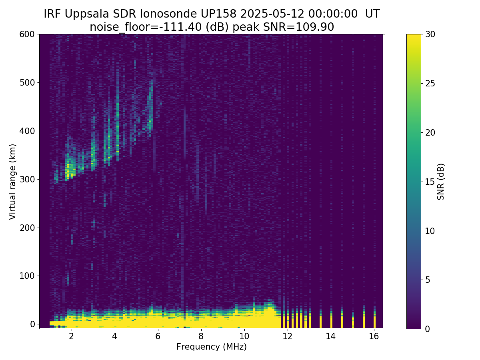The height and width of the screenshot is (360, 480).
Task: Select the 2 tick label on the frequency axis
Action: point(71,336)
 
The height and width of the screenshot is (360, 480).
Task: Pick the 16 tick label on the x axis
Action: point(374,336)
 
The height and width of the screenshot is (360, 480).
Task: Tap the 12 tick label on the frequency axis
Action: point(287,336)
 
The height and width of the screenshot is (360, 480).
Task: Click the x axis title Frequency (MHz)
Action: point(212,347)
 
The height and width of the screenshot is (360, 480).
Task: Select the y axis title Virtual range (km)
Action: point(13,181)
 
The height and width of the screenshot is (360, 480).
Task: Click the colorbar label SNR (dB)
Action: point(441,181)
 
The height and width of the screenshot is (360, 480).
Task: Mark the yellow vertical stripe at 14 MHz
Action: point(331,321)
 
